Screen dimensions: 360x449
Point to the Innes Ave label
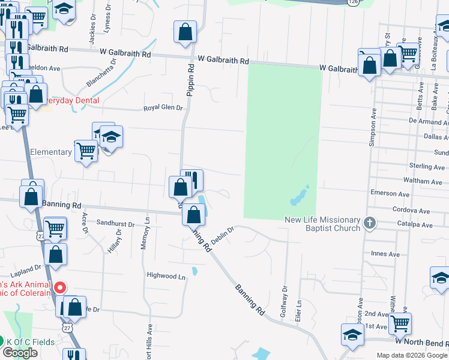click(x=385, y=254)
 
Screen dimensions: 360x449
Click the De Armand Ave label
click(x=429, y=121)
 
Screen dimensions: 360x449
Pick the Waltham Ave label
click(x=423, y=181)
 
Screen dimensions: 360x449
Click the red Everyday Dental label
click(x=73, y=100)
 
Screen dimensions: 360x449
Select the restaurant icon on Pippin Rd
click(x=192, y=180)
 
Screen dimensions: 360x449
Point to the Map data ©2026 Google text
click(x=412, y=355)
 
